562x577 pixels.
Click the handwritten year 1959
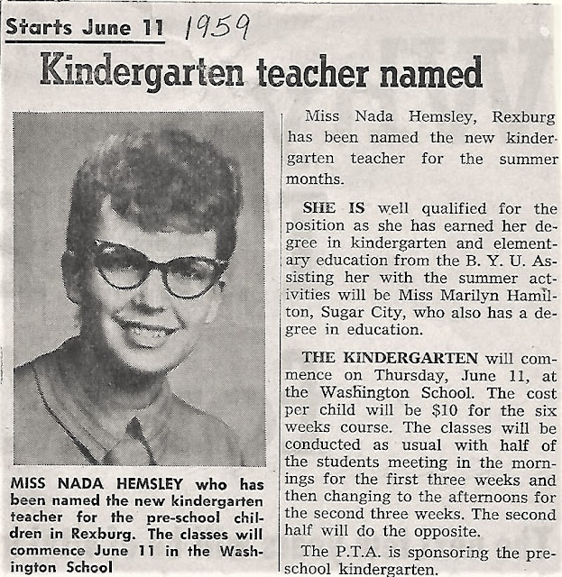(x=217, y=29)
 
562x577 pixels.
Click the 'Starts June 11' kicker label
(x=84, y=27)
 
